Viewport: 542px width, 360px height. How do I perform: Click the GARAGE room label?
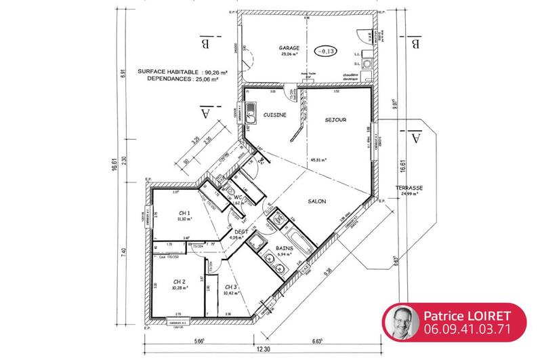pyautogui.click(x=289, y=48)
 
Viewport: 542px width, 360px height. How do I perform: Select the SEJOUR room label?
pyautogui.click(x=335, y=120)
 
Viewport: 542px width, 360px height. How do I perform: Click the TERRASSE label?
pyautogui.click(x=411, y=188)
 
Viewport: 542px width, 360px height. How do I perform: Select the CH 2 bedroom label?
pyautogui.click(x=180, y=281)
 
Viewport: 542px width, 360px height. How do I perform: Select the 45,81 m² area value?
pyautogui.click(x=318, y=161)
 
